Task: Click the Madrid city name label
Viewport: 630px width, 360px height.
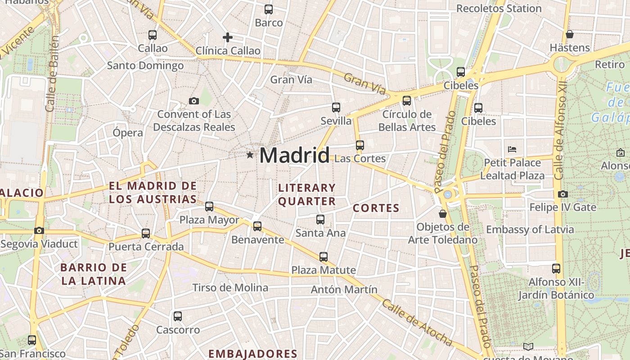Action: [x=294, y=155]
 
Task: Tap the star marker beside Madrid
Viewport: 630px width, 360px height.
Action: [x=250, y=155]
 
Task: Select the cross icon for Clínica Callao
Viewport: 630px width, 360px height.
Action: [x=228, y=37]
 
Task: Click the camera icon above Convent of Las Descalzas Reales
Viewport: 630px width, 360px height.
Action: [x=194, y=101]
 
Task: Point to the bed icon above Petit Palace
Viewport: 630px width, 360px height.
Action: [x=512, y=149]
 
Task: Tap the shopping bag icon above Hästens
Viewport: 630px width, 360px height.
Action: [x=569, y=34]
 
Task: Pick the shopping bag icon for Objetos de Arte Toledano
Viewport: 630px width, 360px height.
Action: [x=443, y=213]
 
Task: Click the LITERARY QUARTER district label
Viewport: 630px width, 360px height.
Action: [x=307, y=194]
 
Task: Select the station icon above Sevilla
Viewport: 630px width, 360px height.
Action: [x=336, y=108]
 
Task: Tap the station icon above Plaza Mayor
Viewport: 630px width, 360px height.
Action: [x=209, y=207]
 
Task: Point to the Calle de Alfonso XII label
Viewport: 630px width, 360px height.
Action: [x=560, y=130]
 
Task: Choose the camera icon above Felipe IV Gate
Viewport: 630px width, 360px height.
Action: [x=562, y=194]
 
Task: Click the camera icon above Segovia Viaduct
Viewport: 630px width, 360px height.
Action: [x=39, y=230]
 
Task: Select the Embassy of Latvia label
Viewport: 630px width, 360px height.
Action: [x=530, y=229]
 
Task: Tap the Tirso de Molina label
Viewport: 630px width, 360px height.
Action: [x=230, y=288]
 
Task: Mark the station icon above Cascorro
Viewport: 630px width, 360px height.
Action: [x=178, y=316]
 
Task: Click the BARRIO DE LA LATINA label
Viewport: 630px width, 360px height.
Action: [x=93, y=274]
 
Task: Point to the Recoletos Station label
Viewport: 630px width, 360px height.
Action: [x=499, y=9]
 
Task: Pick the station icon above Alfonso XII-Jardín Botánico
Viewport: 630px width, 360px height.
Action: [x=556, y=269]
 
